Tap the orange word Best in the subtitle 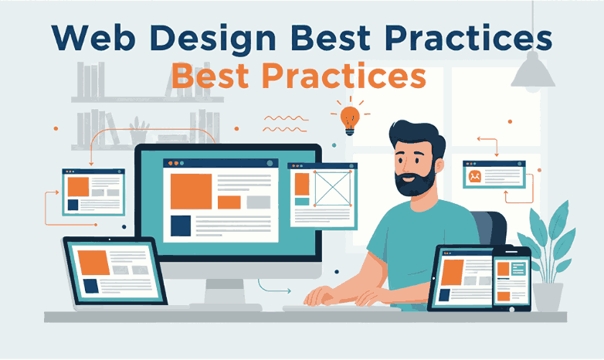click(x=217, y=76)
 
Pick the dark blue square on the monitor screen click(x=181, y=226)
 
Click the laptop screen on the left click(x=115, y=270)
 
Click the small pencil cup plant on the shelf click(x=140, y=131)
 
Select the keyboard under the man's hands click(x=324, y=307)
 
